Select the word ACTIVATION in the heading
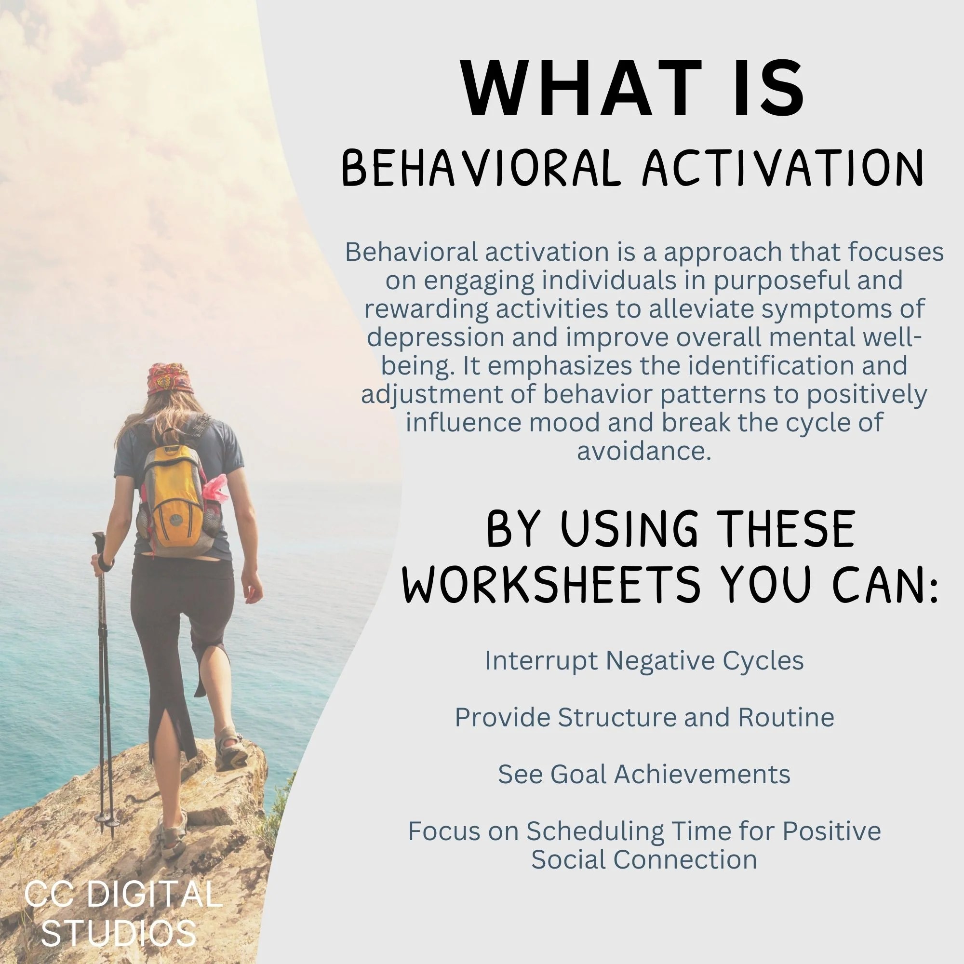point(783,170)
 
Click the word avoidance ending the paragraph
point(643,451)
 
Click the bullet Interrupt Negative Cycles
point(643,661)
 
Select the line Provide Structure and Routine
point(643,718)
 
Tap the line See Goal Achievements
point(643,775)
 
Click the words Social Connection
point(643,860)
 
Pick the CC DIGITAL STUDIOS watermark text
point(122,913)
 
